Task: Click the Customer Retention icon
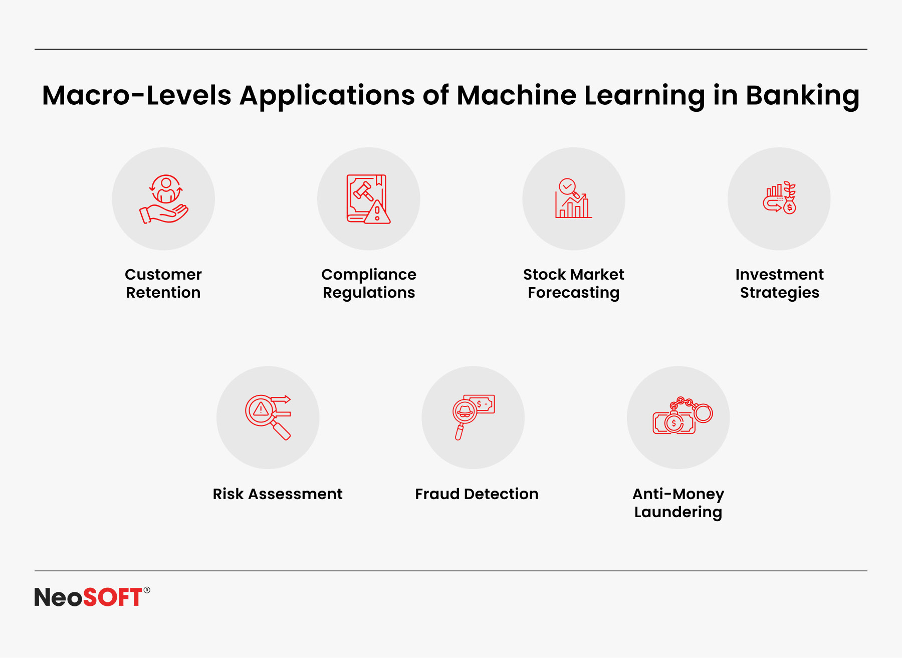[x=164, y=199]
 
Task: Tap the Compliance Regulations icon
[x=368, y=199]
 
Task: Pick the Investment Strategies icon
[x=780, y=197]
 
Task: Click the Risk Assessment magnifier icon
[x=268, y=417]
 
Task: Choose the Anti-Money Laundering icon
[x=683, y=415]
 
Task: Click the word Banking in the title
[x=803, y=96]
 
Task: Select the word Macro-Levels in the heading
[x=137, y=95]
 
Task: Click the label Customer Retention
[x=163, y=283]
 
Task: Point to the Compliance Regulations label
[x=369, y=284]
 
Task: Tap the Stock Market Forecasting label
[x=574, y=284]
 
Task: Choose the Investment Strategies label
[x=780, y=284]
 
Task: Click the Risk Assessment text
[x=278, y=494]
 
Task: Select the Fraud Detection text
[x=477, y=494]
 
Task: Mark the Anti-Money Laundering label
[x=679, y=503]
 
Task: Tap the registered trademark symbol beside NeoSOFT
[x=147, y=590]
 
